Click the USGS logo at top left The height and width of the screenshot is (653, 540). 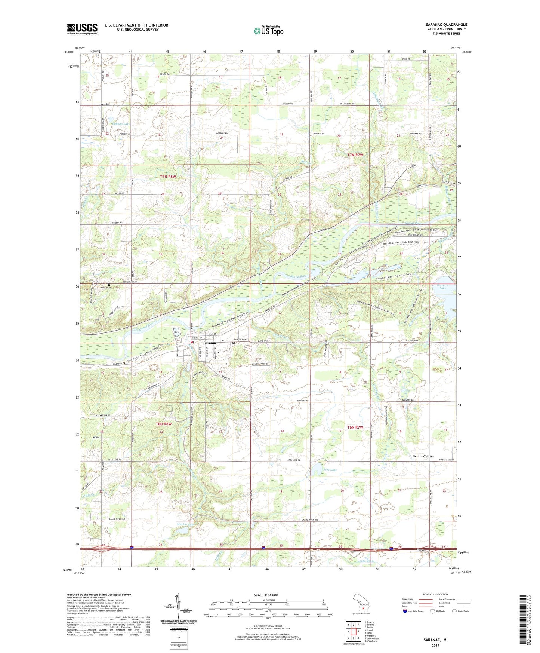tap(82, 29)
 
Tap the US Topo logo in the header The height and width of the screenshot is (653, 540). tap(268, 31)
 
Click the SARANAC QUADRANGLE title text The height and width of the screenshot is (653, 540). tap(446, 25)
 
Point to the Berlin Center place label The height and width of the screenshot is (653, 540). tap(423, 456)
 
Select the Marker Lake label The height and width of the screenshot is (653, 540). tap(186, 524)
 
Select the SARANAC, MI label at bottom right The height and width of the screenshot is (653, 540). tap(435, 640)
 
